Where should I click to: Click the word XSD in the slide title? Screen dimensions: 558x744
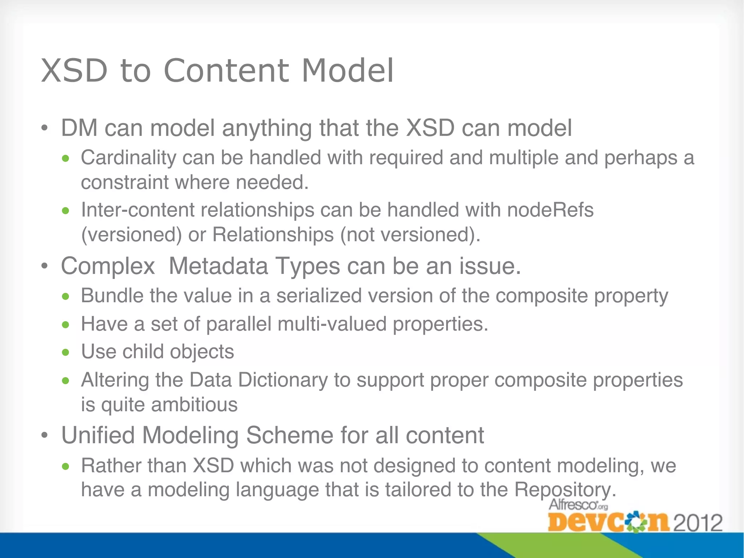[x=74, y=70]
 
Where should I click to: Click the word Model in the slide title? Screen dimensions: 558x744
[x=348, y=70]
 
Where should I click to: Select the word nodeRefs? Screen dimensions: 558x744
[x=550, y=210]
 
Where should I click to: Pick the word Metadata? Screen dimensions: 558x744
[x=218, y=266]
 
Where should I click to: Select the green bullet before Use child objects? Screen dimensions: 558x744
[x=65, y=352]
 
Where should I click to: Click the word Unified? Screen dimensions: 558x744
[x=98, y=435]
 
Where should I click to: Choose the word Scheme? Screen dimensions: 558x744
[x=290, y=435]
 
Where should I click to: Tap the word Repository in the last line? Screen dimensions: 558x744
[x=565, y=490]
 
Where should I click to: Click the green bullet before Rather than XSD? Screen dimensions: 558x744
[x=65, y=466]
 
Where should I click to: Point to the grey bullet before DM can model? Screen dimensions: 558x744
[x=44, y=129]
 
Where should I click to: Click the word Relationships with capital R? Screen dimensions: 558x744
[x=273, y=235]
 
